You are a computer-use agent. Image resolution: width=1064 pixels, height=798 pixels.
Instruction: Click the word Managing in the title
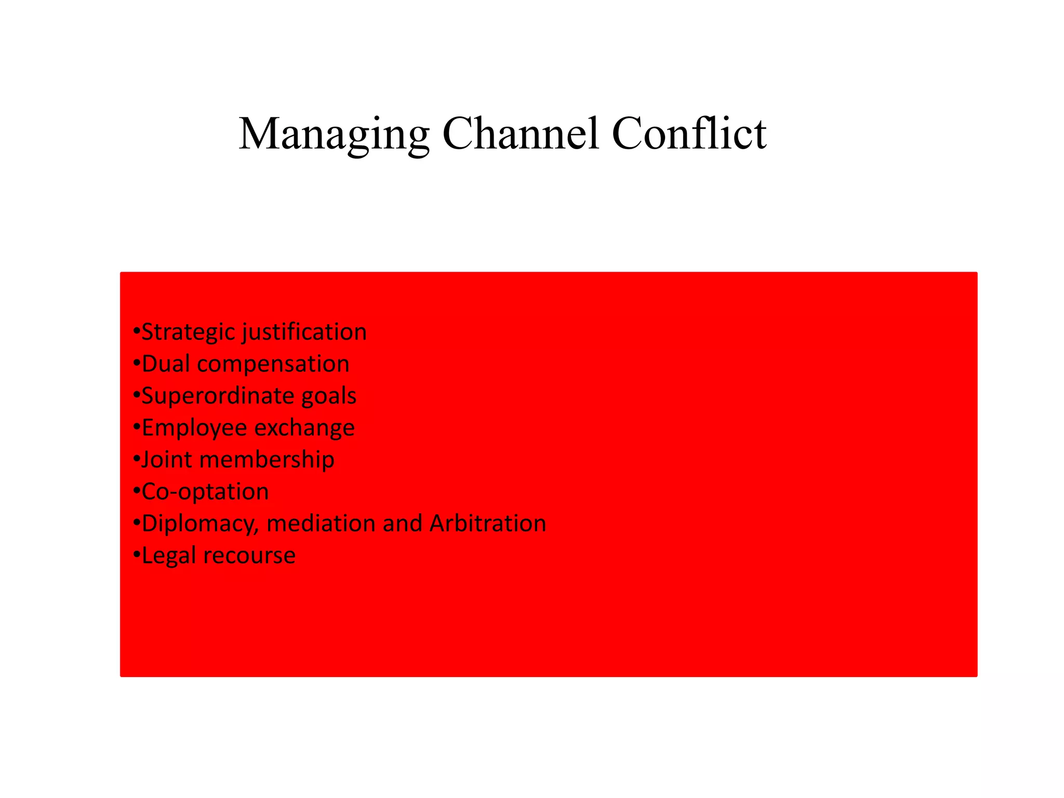pyautogui.click(x=334, y=134)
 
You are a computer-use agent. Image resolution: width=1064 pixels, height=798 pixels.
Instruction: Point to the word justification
pyautogui.click(x=305, y=332)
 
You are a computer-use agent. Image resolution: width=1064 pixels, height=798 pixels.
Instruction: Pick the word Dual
pyautogui.click(x=165, y=364)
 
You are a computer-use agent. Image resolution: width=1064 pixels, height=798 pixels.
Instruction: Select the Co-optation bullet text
pyautogui.click(x=205, y=491)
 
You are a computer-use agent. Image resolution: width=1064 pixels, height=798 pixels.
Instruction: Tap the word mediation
pyautogui.click(x=321, y=523)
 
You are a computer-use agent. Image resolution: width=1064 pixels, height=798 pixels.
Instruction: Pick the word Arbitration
pyautogui.click(x=488, y=523)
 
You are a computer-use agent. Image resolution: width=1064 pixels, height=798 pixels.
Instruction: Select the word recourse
pyautogui.click(x=249, y=555)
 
